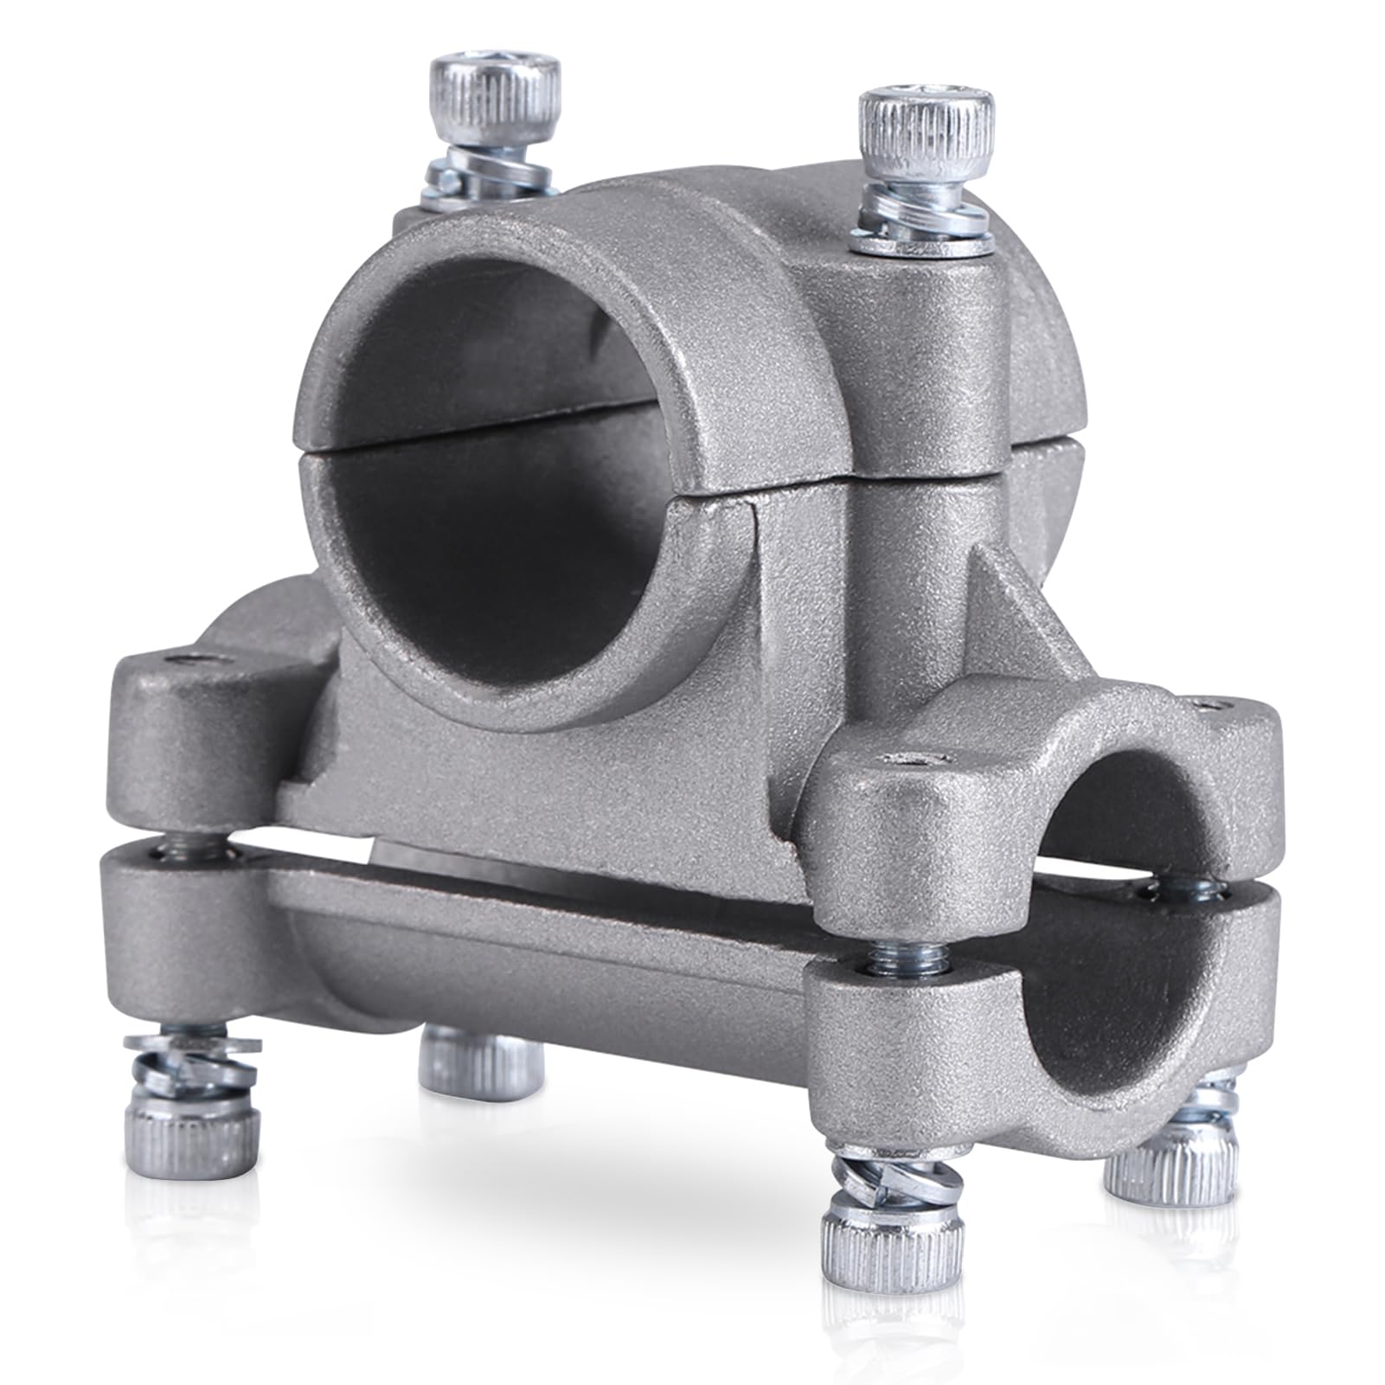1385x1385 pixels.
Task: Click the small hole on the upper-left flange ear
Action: point(186,662)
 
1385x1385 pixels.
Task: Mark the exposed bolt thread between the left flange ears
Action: point(164,852)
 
